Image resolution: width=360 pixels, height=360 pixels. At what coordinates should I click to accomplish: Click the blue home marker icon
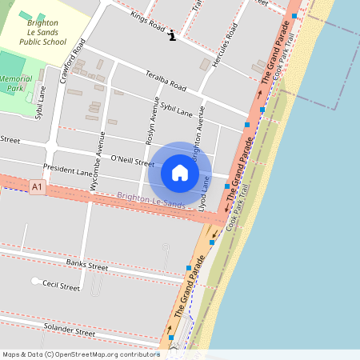[180, 173]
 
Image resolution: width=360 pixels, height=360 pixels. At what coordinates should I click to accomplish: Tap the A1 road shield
[37, 186]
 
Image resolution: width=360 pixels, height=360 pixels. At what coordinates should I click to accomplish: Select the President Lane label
[68, 170]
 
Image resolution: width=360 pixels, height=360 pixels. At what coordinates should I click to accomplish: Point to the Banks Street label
[86, 265]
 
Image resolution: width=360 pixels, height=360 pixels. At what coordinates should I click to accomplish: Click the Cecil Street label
[61, 286]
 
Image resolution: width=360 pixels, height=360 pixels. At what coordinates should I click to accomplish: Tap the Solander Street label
[70, 330]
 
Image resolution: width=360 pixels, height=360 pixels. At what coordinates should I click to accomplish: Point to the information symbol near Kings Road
[171, 35]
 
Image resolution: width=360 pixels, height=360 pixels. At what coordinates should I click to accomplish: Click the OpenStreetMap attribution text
[80, 354]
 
